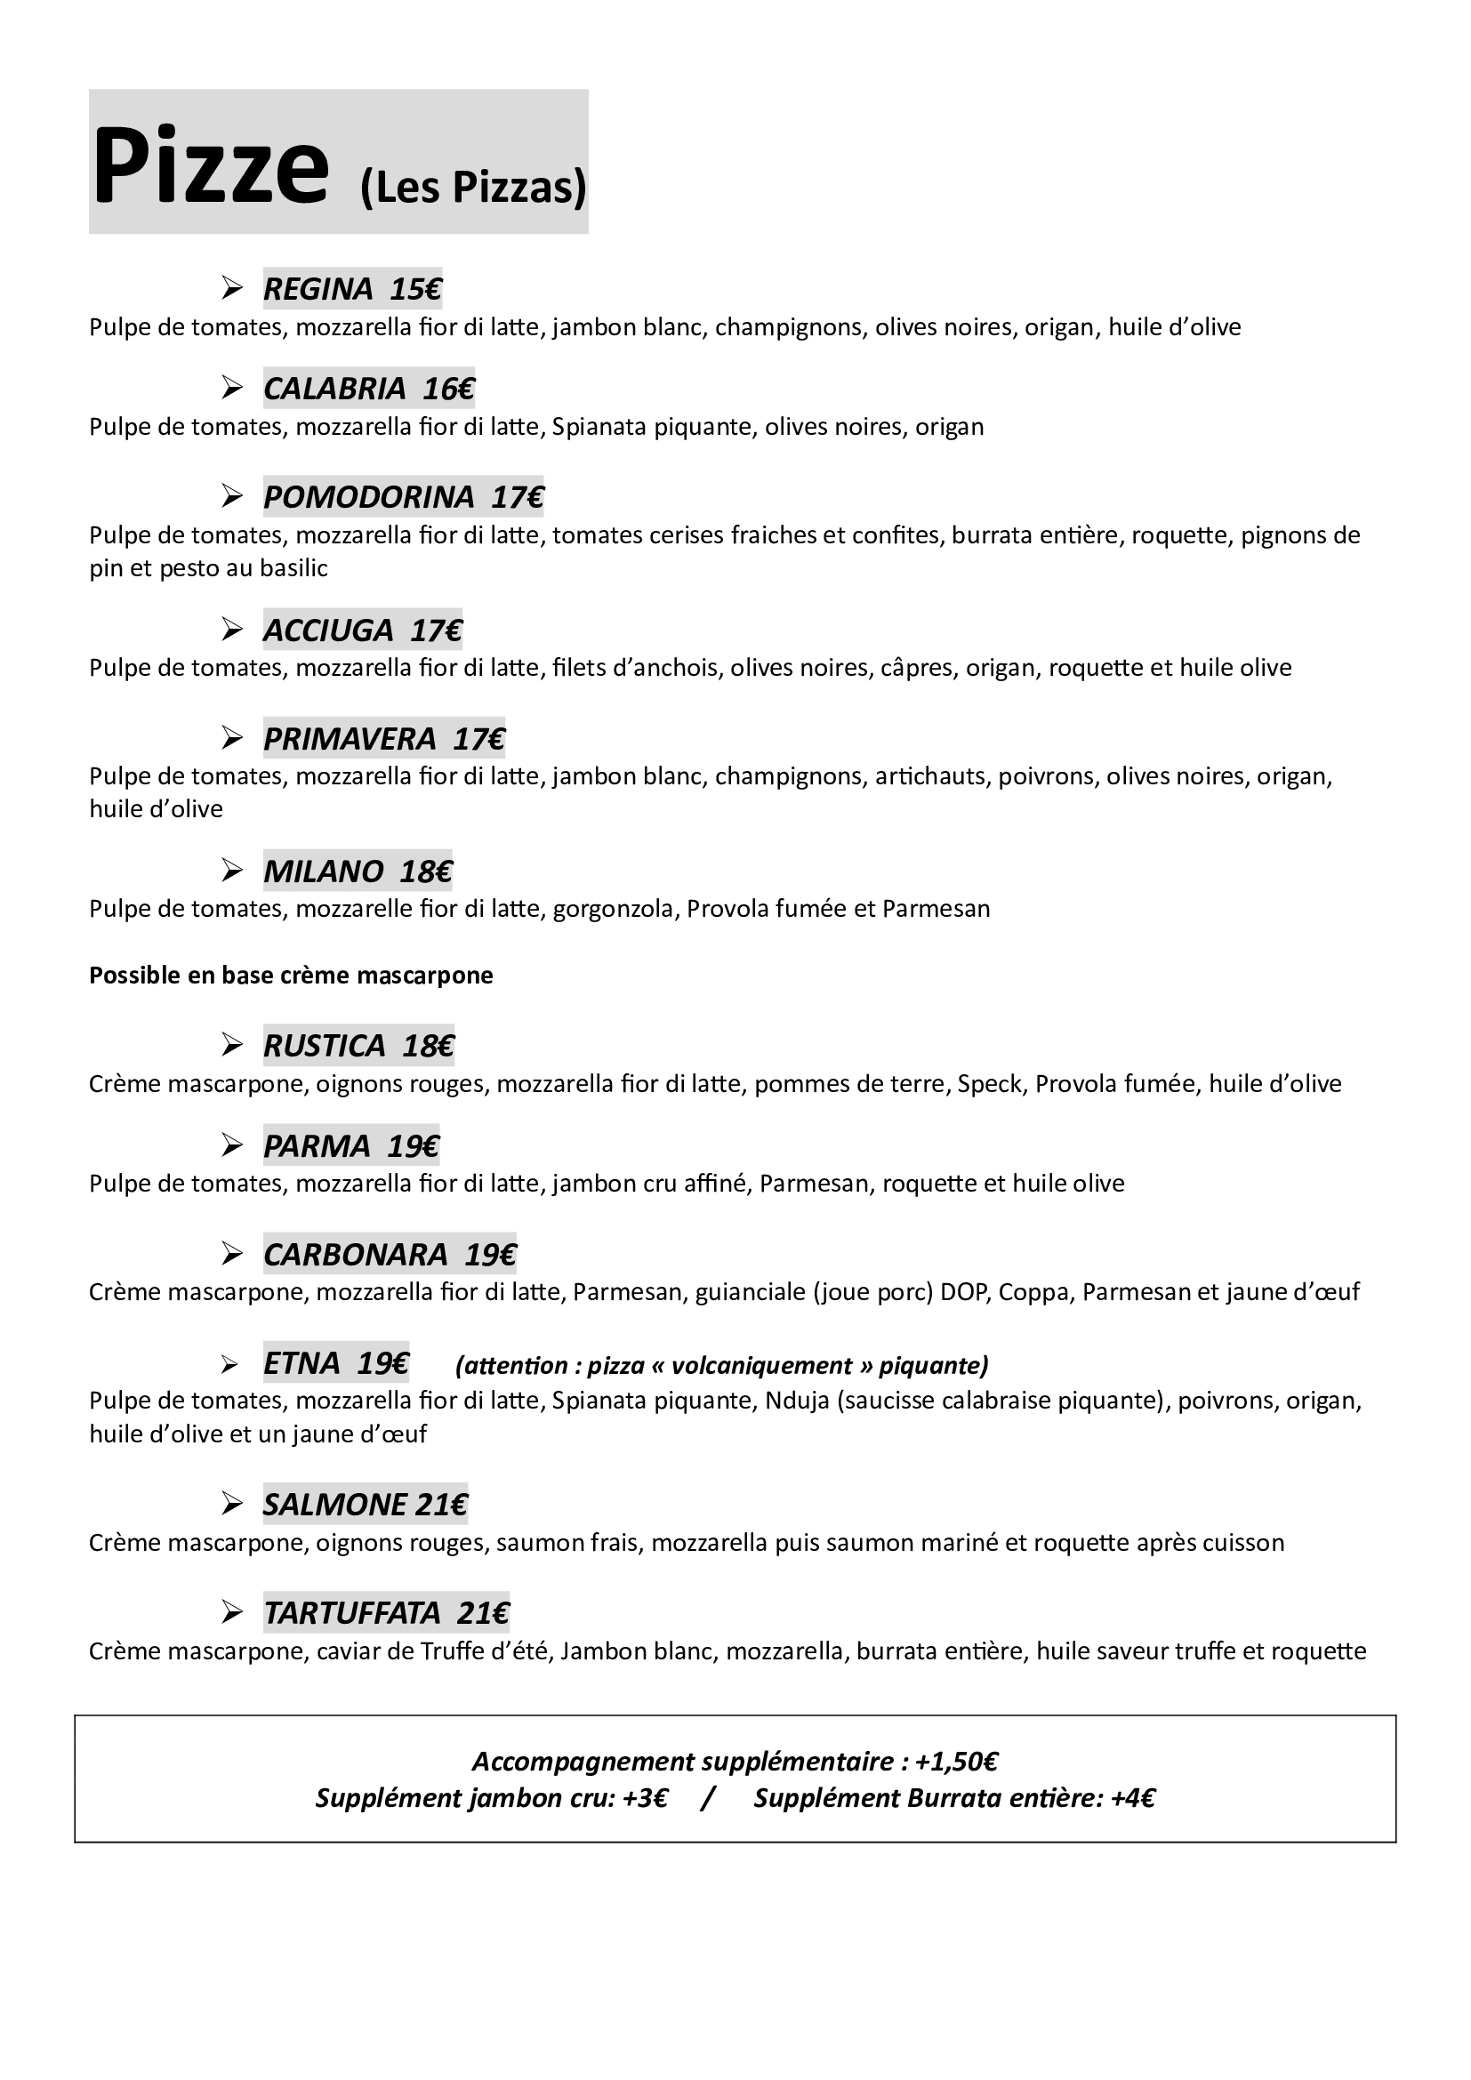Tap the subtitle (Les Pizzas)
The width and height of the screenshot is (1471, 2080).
tap(473, 188)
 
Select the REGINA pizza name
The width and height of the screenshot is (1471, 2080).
tap(318, 289)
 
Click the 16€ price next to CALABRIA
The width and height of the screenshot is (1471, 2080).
tap(448, 389)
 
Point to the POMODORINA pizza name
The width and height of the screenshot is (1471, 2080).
tap(369, 497)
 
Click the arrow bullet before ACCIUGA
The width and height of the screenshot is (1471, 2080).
tap(233, 630)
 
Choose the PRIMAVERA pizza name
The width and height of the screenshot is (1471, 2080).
tap(350, 739)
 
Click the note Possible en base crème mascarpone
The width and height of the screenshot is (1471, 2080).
tap(291, 976)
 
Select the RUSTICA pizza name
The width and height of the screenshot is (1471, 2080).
tap(325, 1047)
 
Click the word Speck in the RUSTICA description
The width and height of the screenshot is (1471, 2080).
tap(990, 1084)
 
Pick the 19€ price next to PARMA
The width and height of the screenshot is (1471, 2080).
tap(413, 1147)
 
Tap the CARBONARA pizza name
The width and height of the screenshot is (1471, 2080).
tap(355, 1256)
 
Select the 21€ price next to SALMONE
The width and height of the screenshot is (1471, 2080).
tap(442, 1506)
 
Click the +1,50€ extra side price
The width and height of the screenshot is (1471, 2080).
tap(957, 1762)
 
